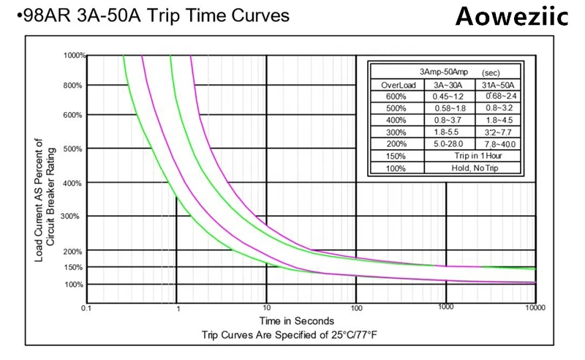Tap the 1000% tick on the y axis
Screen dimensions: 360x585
[74, 56]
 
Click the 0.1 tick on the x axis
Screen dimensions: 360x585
[87, 309]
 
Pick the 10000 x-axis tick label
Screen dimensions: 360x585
[535, 308]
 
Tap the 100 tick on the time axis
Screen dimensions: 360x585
[356, 309]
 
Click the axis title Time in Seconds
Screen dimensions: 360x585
[297, 320]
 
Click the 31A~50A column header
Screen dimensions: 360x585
[499, 85]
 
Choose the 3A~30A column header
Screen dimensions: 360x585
[448, 85]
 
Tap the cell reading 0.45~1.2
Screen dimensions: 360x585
[448, 97]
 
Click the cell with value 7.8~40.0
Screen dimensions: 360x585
[499, 143]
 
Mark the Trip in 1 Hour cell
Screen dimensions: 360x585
[474, 156]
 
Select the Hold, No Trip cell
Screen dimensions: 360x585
[474, 168]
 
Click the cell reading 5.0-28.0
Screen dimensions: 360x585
[448, 143]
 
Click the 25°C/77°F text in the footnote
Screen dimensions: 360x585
[352, 334]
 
